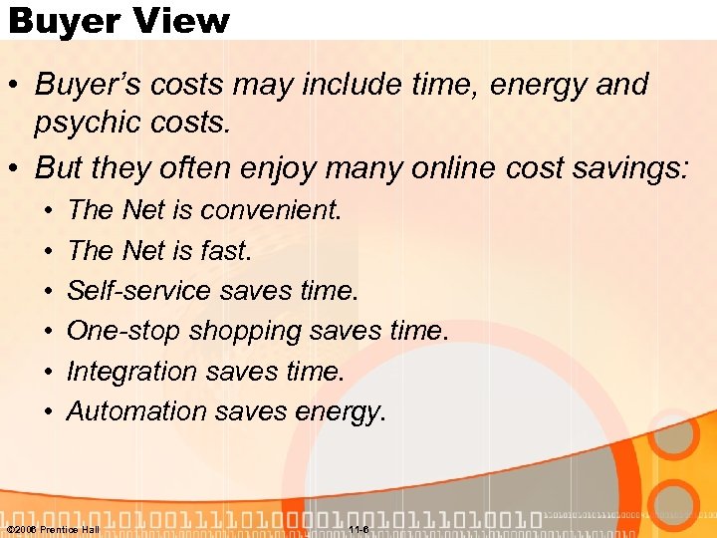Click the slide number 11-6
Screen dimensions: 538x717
[358, 528]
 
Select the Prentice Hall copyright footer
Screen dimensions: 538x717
[53, 528]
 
